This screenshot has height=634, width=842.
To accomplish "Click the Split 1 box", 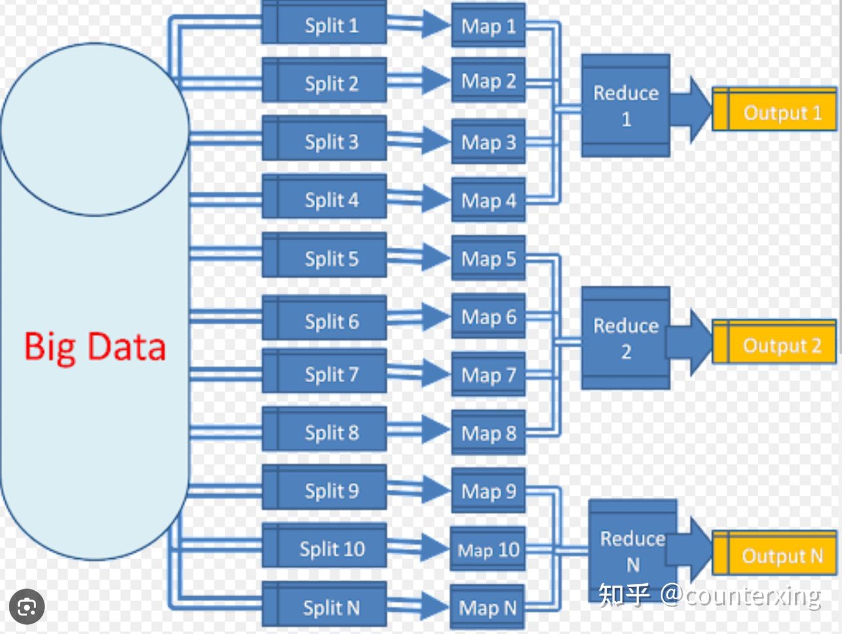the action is [x=324, y=23].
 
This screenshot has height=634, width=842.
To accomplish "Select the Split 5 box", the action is [x=324, y=255].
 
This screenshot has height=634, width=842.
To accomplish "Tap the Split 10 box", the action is [x=324, y=545].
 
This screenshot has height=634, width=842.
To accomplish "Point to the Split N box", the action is [x=324, y=604].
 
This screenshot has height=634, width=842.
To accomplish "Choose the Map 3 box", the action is [x=488, y=141].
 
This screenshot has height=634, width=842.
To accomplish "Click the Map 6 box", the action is [x=488, y=316].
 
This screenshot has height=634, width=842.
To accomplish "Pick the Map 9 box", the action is [x=488, y=490].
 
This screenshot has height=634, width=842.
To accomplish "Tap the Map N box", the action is [x=487, y=607].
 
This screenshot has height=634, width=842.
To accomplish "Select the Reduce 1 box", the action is [x=626, y=105].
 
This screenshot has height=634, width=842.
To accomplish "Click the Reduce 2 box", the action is [x=626, y=338].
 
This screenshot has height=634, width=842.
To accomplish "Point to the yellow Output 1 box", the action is [x=775, y=109].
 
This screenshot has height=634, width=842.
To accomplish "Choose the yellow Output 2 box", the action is [x=775, y=341].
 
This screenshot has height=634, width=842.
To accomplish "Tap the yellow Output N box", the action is [x=775, y=552].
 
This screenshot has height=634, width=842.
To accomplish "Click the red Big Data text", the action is [x=95, y=347].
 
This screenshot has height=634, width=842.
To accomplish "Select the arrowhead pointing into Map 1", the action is [x=436, y=24].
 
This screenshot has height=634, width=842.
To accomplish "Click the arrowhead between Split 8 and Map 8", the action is [x=436, y=429].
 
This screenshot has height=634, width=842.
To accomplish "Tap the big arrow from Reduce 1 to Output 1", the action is [x=691, y=109].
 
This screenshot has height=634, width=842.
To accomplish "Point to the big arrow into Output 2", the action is [x=689, y=342].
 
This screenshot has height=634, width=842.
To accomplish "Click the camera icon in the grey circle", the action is [x=27, y=607].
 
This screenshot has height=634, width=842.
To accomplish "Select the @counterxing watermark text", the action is [x=740, y=597].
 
